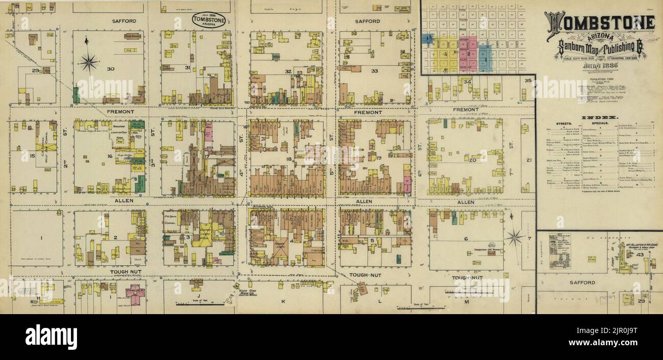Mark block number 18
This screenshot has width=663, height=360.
[x=289, y=159]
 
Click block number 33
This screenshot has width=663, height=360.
[x=374, y=71]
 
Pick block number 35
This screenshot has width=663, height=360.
[x=528, y=81]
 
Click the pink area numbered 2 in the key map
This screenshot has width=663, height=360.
[x=468, y=54]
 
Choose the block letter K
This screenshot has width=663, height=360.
[x=283, y=301]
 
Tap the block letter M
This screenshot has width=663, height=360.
[x=466, y=302]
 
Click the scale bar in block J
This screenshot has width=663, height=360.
[x=200, y=305]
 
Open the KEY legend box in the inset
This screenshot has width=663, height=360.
[x=559, y=251]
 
